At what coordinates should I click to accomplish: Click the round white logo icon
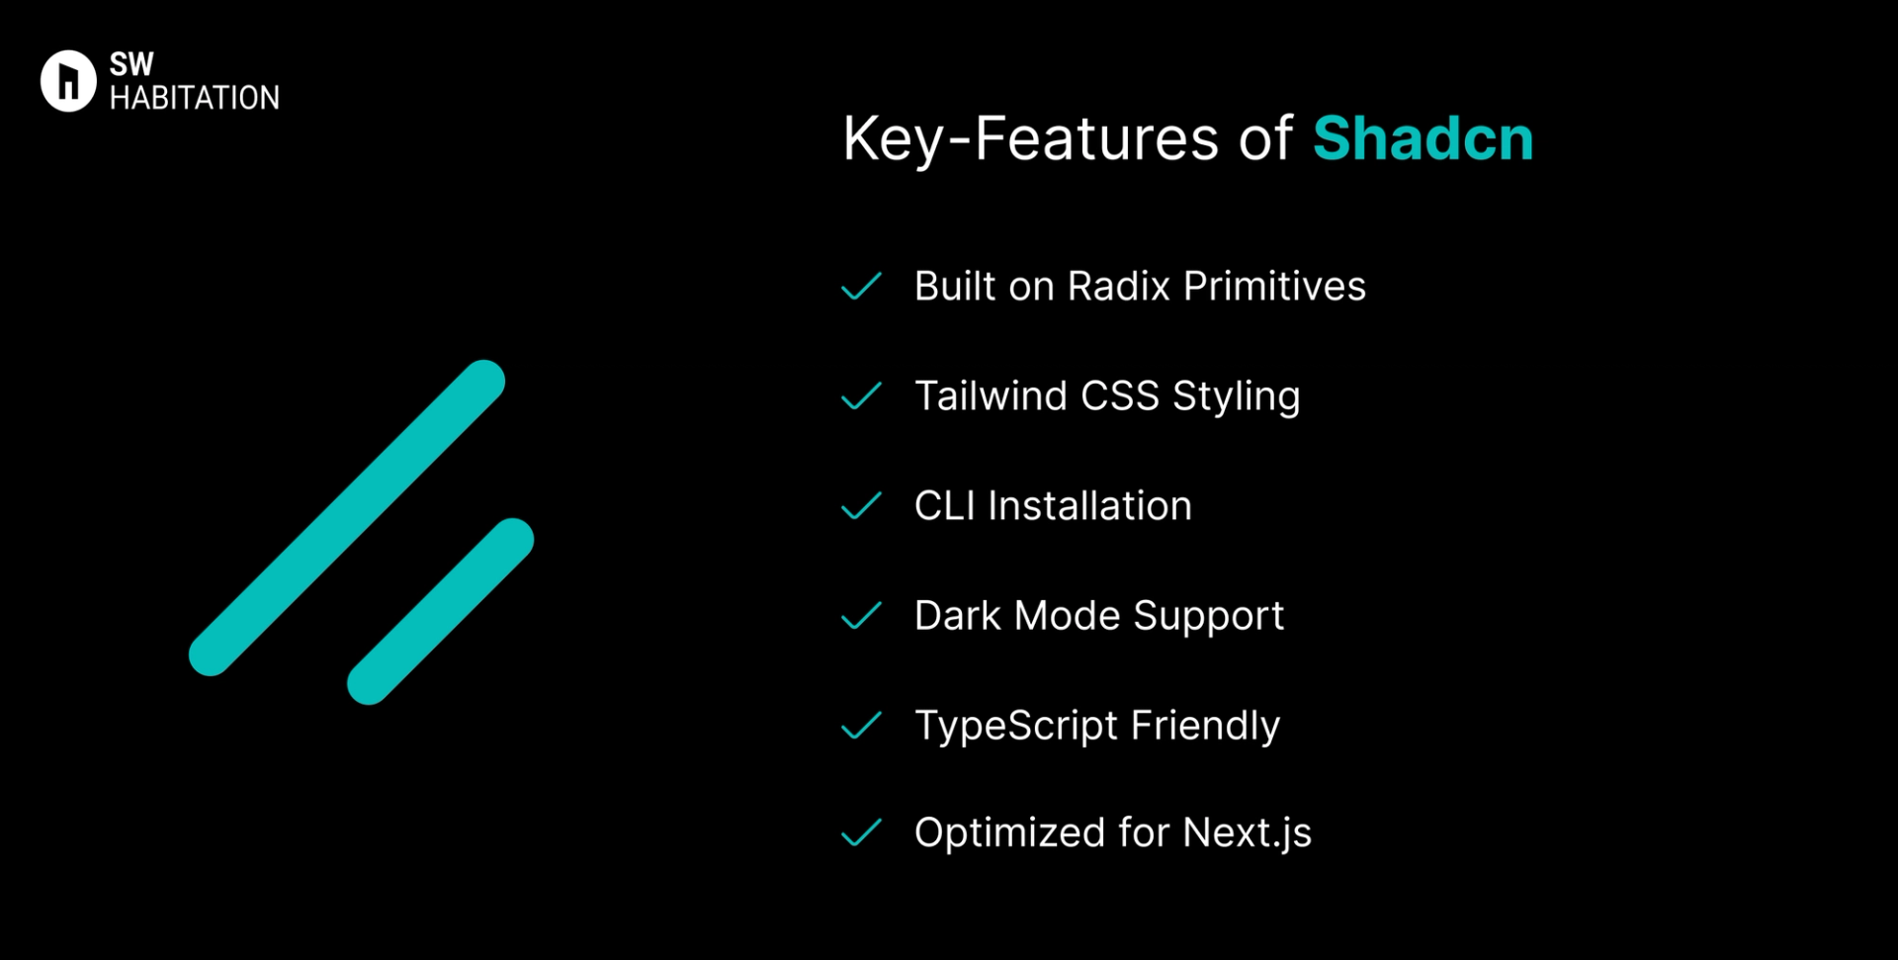68,81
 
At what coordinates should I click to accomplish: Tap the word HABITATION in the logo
194,98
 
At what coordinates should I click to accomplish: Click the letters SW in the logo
131,64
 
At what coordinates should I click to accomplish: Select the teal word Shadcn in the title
1422,138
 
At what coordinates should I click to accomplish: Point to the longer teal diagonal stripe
347,518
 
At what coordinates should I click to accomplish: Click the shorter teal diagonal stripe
440,611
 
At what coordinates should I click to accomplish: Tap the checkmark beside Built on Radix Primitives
861,287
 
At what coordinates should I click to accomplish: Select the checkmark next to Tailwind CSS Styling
861,396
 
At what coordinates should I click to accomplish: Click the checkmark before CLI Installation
861,506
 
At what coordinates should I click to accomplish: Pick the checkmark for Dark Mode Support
861,616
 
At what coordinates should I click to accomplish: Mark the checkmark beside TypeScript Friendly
861,726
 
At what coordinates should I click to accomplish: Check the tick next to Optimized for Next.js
861,833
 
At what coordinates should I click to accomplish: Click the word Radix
1118,287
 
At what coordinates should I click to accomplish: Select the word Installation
1089,506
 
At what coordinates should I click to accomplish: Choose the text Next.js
1247,833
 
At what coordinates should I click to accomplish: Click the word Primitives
1274,287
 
